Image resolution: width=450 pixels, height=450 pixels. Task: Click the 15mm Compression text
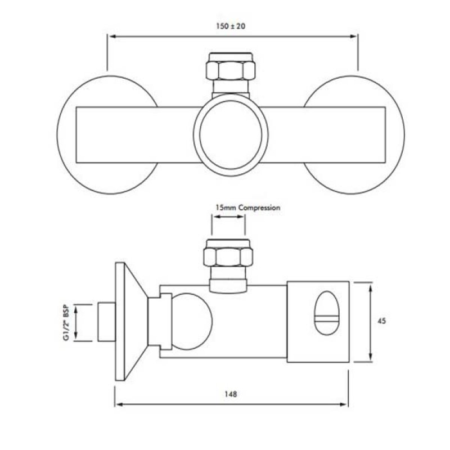coord(247,208)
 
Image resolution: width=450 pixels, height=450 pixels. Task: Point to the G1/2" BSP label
coord(66,322)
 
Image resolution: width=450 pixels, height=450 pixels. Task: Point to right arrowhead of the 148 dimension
coord(345,404)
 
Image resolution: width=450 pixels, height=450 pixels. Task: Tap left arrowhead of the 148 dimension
coord(117,404)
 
